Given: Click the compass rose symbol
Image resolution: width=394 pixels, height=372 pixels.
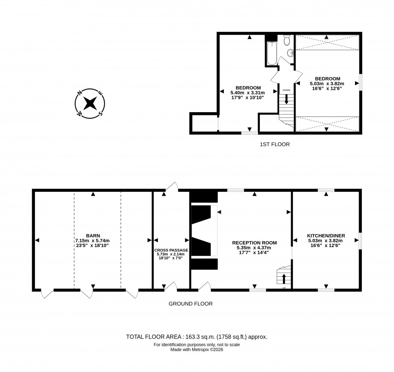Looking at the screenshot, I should (x=90, y=103).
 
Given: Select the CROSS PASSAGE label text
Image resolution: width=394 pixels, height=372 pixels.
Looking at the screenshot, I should (x=171, y=250).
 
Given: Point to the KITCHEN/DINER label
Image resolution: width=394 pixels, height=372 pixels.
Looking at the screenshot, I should (x=326, y=236).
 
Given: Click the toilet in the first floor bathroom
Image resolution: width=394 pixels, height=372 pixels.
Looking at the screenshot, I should (x=287, y=40).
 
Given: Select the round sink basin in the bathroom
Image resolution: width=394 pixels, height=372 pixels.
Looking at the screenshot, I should (x=291, y=53).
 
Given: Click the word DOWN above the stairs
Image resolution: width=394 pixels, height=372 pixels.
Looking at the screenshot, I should (x=286, y=90).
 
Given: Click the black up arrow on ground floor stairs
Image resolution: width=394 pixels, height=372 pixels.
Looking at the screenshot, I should (x=284, y=279).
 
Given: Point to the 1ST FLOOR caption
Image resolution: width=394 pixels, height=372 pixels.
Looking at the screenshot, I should (x=275, y=144).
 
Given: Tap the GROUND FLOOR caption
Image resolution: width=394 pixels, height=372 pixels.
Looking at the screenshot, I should (x=191, y=304).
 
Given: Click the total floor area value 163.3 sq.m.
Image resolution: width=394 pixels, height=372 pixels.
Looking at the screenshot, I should (x=197, y=337).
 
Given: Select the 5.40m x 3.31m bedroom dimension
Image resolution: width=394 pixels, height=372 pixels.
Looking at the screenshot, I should (x=248, y=92).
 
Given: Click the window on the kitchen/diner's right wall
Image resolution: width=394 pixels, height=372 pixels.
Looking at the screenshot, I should (x=360, y=240).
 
